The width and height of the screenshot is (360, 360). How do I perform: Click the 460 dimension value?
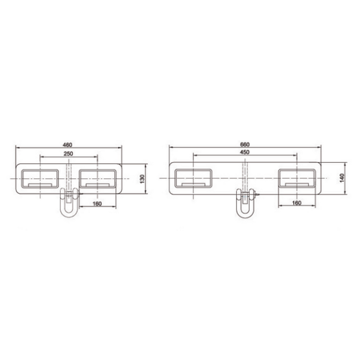pos(67,144)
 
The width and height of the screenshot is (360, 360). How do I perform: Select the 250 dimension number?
pos(68,154)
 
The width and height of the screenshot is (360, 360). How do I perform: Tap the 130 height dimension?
pos(142,179)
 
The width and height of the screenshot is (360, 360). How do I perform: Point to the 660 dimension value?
pos(244,144)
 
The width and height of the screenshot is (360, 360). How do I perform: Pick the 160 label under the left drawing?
pos(97,203)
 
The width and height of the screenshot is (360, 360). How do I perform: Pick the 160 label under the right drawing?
pos(296,203)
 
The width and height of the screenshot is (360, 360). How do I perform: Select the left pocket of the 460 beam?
pos(40,179)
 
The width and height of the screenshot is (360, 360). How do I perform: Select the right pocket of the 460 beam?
pos(98,179)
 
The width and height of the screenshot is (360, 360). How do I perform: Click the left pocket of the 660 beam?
pos(193,178)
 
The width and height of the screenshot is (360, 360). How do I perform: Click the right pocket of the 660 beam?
pos(296,178)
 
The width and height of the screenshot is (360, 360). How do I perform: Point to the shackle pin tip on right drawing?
pos(259,194)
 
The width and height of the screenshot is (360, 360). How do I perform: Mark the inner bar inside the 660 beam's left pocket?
pos(193,184)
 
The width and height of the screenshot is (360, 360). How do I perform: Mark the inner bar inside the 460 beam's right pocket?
pos(98,185)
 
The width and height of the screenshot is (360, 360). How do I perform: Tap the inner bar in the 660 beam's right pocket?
pos(296,184)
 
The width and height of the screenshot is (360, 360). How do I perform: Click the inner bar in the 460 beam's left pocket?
pos(40,185)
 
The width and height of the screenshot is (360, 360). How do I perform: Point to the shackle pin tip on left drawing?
pos(81,194)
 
